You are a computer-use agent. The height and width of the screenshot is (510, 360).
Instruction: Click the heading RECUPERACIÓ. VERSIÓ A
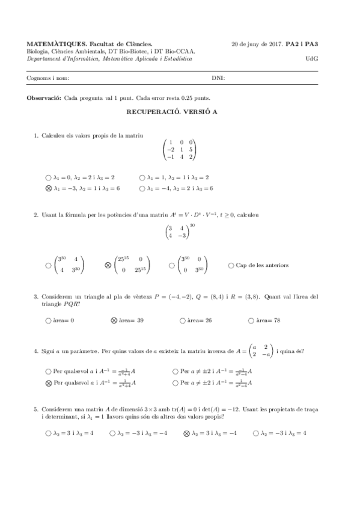coord(180,112)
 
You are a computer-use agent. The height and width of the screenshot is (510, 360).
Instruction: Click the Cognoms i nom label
coord(48,78)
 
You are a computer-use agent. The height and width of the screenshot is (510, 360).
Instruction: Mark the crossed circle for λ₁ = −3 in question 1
coord(48,188)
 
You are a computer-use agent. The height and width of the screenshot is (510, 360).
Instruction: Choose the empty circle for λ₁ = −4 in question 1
coord(142,188)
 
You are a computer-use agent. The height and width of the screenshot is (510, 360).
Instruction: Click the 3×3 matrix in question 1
coord(180,149)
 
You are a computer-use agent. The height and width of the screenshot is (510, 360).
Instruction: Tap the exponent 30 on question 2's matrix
coord(192,226)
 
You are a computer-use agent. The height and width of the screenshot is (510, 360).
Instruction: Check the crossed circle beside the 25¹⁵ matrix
coord(108,265)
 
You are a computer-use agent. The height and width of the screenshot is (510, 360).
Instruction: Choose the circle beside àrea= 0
coord(48,321)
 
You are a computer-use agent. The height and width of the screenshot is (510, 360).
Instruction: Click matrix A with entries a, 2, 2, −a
coord(261,351)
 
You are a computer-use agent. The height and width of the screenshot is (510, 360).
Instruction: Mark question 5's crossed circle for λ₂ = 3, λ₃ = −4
coord(186,432)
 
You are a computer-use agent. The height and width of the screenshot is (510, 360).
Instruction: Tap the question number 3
coord(36,296)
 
